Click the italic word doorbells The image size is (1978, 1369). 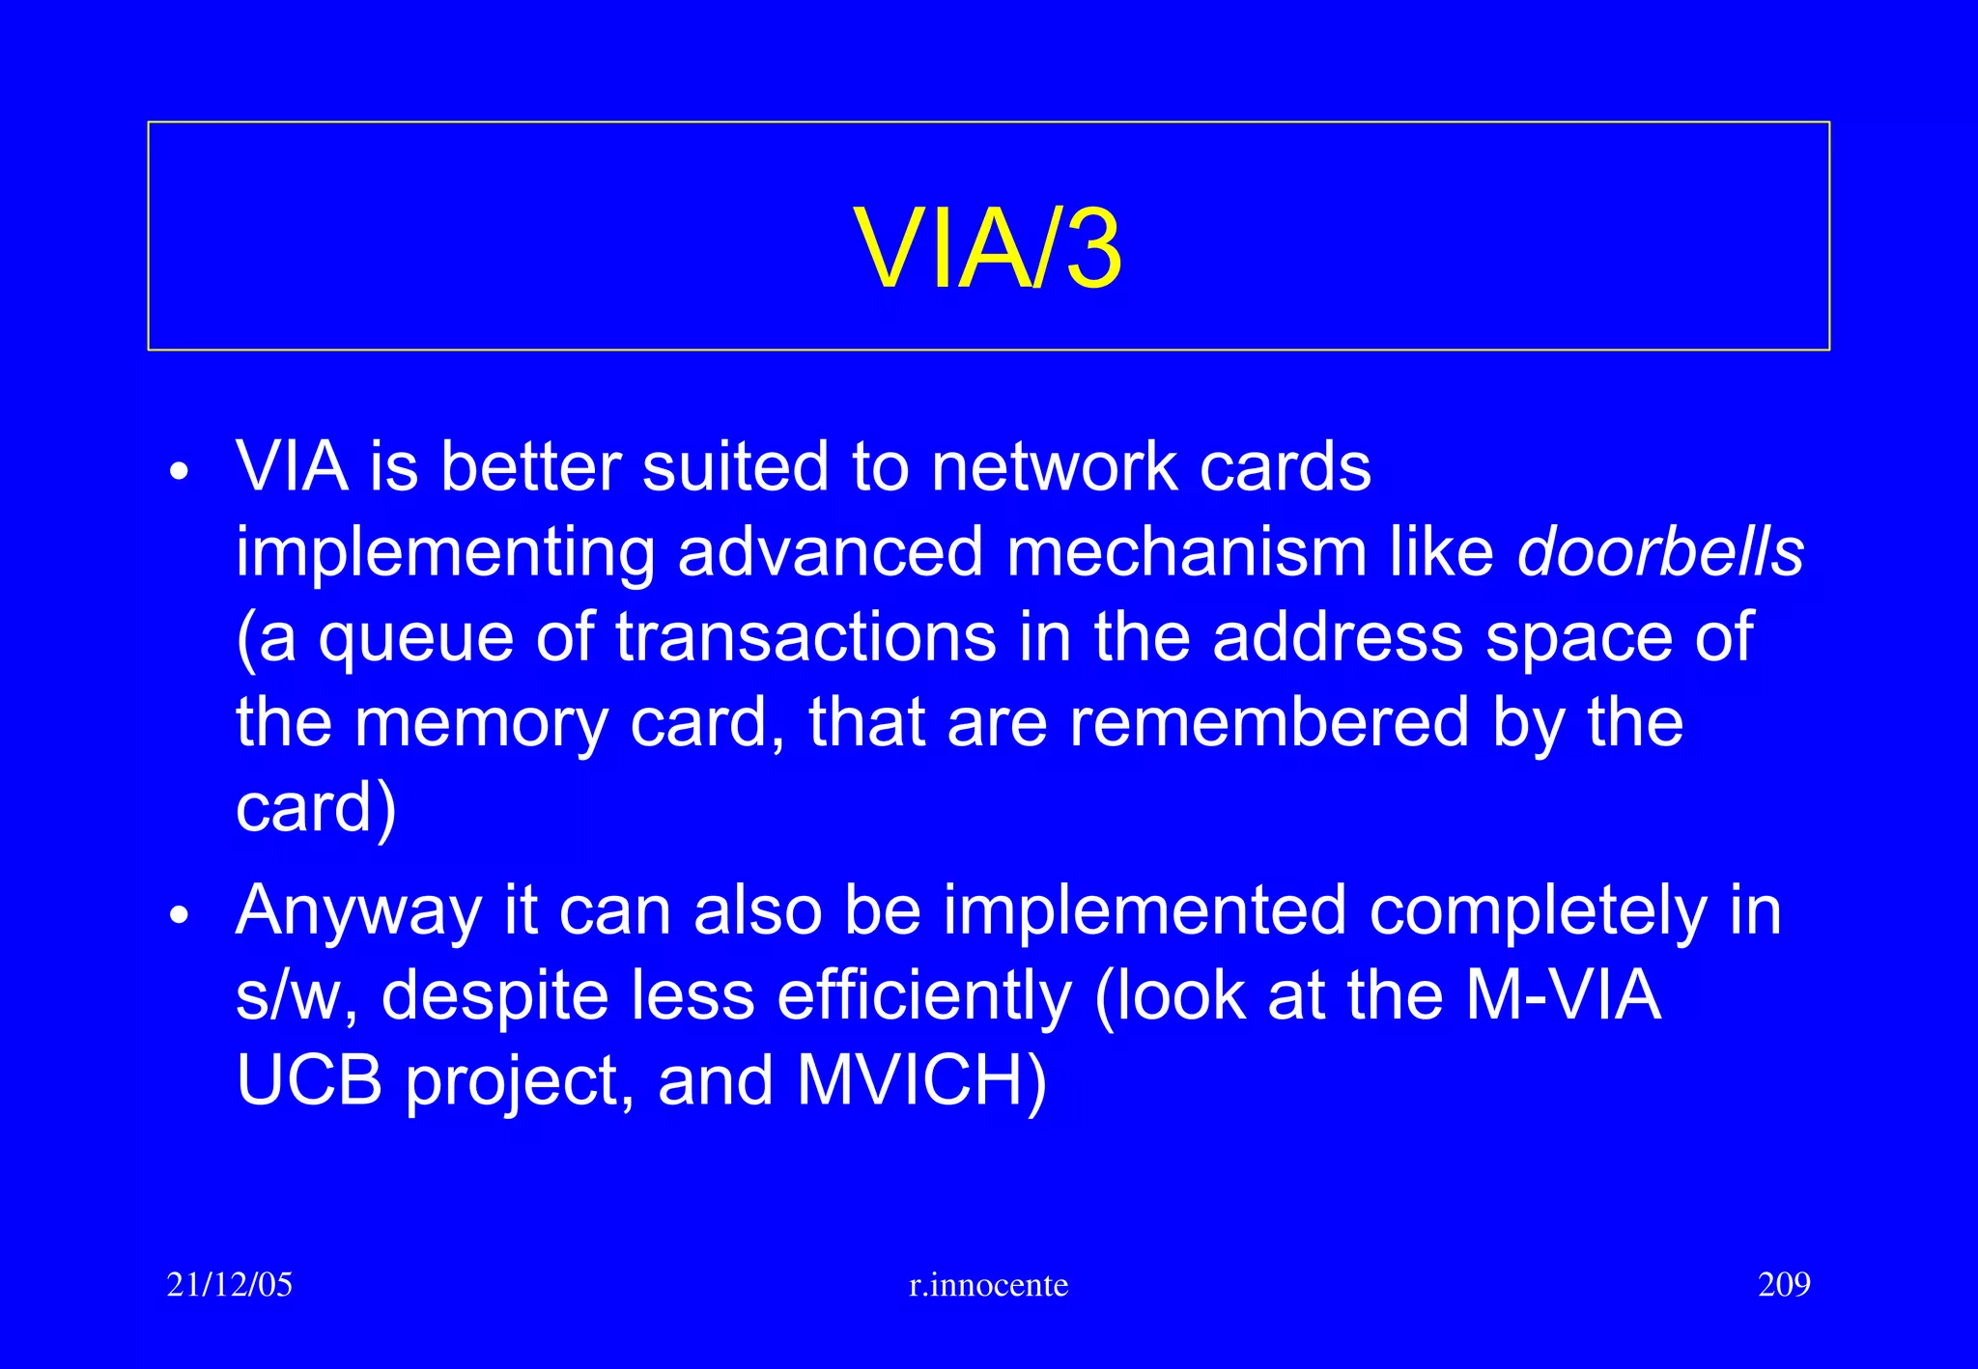coord(1659,552)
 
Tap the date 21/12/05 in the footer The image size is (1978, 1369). coord(229,1285)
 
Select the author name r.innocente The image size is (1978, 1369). coord(988,1285)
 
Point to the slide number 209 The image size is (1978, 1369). coord(1783,1285)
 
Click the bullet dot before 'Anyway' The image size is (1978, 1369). coord(180,915)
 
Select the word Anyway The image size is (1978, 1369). coord(357,912)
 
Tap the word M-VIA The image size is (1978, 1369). coord(1563,995)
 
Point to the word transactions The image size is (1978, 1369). coord(805,637)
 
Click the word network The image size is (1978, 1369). coord(1054,467)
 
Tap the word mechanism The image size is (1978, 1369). coord(1186,552)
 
